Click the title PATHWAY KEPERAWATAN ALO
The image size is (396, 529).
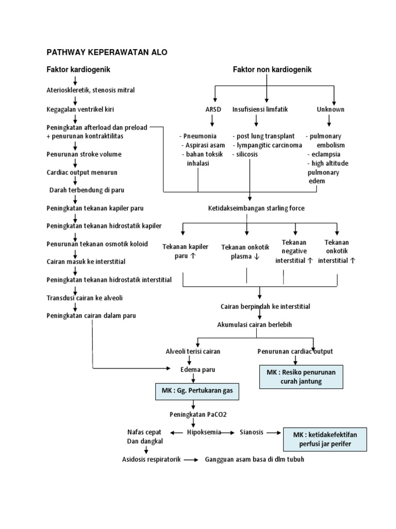[x=107, y=52]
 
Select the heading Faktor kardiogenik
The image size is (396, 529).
[x=78, y=69]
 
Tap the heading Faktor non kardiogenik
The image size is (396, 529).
[x=272, y=69]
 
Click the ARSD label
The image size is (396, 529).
[x=212, y=110]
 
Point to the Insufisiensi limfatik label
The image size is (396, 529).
[x=259, y=110]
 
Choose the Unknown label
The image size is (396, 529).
[x=331, y=110]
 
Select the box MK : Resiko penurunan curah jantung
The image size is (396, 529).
[x=301, y=377]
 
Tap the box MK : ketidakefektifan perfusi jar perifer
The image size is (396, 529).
[x=325, y=440]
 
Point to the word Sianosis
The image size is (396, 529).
[x=252, y=432]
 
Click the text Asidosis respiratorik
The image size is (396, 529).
[x=151, y=459]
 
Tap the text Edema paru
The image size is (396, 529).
[x=194, y=369]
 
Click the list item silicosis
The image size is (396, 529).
[x=246, y=154]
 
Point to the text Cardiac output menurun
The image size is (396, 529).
[x=83, y=172]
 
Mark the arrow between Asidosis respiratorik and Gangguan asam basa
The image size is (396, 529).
[x=191, y=459]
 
